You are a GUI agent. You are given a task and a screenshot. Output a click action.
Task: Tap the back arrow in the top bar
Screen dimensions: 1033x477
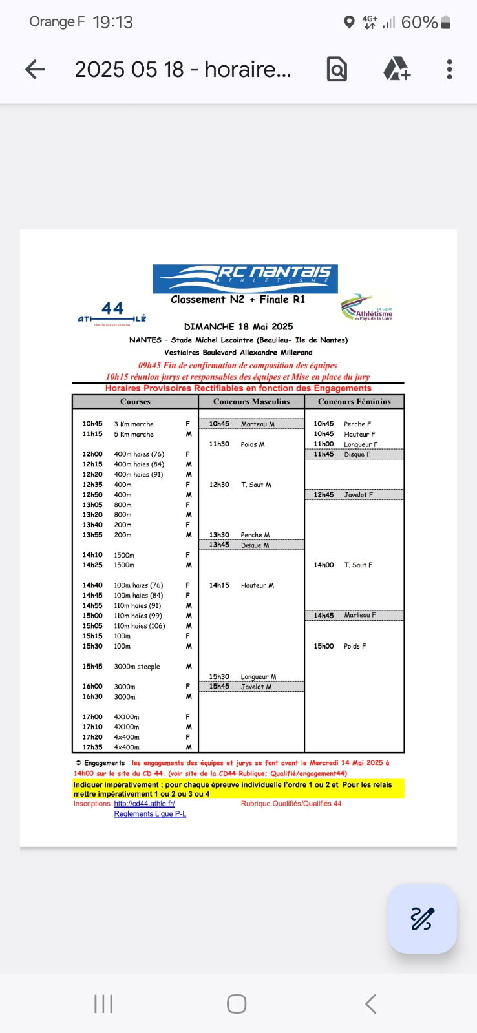point(35,69)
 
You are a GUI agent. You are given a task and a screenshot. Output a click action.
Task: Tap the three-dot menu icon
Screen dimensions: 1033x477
point(449,69)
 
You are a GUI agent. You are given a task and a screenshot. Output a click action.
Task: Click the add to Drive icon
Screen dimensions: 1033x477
point(397,68)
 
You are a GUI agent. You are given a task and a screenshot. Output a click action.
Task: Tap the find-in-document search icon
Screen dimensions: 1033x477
point(337,69)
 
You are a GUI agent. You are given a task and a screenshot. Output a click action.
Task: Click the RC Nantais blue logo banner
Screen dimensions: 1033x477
point(245,278)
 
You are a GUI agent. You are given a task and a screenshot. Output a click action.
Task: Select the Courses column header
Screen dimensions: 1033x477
point(135,401)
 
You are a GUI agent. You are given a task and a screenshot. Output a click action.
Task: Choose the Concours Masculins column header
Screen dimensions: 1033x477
point(251,401)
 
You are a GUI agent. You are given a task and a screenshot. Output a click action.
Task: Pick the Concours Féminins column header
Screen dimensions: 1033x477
point(354,401)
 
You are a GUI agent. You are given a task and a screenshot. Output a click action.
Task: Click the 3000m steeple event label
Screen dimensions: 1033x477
point(137,666)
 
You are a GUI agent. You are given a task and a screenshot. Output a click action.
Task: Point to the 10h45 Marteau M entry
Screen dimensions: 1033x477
point(251,424)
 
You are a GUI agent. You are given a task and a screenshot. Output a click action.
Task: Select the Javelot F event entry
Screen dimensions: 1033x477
point(358,495)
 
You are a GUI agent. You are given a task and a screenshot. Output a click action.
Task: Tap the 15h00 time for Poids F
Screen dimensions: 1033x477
point(324,646)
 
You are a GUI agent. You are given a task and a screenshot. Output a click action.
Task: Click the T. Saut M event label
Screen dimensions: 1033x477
point(256,485)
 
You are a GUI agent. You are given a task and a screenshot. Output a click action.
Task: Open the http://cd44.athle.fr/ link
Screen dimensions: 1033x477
point(144,804)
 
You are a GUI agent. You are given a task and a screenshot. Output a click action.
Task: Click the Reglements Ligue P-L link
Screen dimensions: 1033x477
point(150,814)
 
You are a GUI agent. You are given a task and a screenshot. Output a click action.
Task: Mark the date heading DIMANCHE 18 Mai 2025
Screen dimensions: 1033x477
point(238,327)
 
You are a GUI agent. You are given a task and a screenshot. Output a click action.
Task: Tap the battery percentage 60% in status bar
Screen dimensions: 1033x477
point(419,23)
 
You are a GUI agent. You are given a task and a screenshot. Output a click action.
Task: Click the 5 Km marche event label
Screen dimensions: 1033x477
point(134,434)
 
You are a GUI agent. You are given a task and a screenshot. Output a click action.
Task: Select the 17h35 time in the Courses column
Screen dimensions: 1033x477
point(92,747)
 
